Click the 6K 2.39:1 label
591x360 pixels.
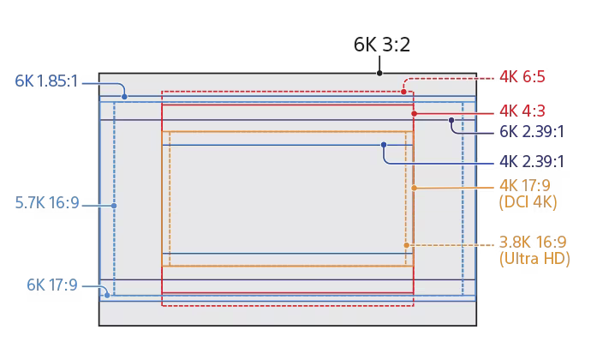click(x=531, y=131)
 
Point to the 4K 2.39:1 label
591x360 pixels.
click(x=532, y=161)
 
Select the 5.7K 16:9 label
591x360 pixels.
click(x=47, y=203)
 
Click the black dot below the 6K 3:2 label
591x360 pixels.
click(x=379, y=74)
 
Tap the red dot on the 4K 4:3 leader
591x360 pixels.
click(x=414, y=113)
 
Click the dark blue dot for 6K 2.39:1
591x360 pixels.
click(x=451, y=121)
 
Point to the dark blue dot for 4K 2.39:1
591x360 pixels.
click(x=384, y=145)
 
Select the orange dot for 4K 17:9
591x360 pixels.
click(x=413, y=187)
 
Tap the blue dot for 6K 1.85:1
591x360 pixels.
click(x=124, y=97)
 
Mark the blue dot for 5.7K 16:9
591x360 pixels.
click(x=114, y=206)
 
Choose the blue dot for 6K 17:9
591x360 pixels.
click(x=106, y=295)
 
